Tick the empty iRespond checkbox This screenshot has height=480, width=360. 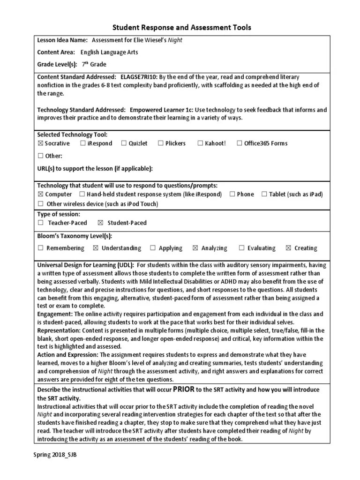pos(82,143)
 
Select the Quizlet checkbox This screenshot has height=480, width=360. pos(124,143)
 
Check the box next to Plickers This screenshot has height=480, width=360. pos(160,143)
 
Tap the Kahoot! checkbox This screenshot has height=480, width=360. pos(200,143)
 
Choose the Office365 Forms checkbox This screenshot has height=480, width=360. pos(240,143)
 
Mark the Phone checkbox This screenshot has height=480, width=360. pos(232,194)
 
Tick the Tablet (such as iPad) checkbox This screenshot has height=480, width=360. pos(264,194)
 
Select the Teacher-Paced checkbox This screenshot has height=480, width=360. pos(40,223)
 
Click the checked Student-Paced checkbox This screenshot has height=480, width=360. pos(100,223)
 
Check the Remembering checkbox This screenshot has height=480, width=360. pos(40,248)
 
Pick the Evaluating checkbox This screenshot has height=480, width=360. pos(241,248)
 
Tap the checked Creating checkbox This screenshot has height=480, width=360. pos(288,248)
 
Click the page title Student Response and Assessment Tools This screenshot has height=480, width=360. pos(180,28)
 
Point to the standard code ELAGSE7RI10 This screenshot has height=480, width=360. pos(139,76)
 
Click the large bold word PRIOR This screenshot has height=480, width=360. pos(183,389)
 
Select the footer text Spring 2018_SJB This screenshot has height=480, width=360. pos(54,455)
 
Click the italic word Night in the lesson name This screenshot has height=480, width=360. pos(175,40)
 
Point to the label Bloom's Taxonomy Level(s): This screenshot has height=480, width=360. pos(74,236)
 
